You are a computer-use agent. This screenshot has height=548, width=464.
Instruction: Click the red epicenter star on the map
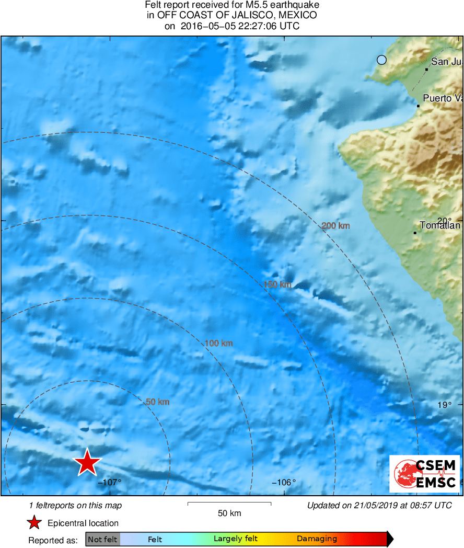tap(87, 462)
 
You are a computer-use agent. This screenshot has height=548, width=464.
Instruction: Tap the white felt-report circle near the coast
tap(381, 60)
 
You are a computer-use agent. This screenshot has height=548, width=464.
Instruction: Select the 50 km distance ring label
tap(157, 402)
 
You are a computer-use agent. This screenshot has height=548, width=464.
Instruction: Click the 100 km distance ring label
tap(218, 344)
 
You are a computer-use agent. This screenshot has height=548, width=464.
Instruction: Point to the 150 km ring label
tap(277, 284)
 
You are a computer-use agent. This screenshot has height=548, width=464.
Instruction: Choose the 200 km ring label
tap(335, 226)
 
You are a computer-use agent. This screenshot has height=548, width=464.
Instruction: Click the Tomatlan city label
tap(439, 225)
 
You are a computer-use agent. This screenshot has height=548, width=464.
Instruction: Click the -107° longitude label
tap(109, 482)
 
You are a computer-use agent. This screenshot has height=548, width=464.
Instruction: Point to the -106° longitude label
tap(284, 482)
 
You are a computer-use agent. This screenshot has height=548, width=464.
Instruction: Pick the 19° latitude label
tap(444, 404)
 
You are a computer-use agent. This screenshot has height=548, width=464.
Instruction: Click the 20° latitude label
tap(444, 221)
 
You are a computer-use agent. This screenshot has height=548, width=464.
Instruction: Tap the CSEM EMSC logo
tap(425, 474)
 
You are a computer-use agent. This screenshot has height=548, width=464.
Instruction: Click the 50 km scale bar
tap(229, 504)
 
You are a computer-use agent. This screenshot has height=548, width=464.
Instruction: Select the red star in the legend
tap(34, 523)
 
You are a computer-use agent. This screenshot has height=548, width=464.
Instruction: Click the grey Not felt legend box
tap(102, 539)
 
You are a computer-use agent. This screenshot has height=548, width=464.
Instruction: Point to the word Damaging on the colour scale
tap(317, 539)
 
